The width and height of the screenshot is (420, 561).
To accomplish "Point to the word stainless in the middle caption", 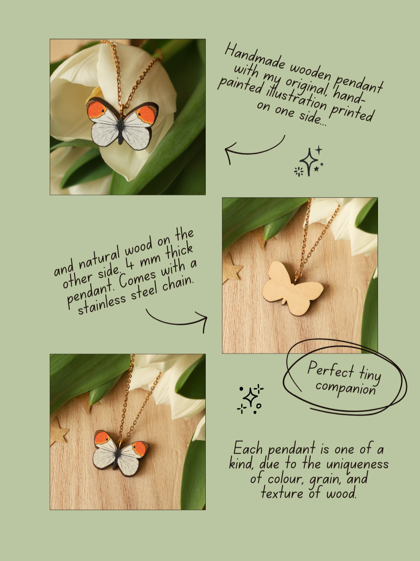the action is click(101, 305).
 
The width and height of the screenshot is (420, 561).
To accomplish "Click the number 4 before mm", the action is click(130, 264).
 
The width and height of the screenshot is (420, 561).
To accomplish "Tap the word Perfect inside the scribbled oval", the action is click(331, 370).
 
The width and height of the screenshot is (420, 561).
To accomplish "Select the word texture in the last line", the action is click(282, 492).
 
